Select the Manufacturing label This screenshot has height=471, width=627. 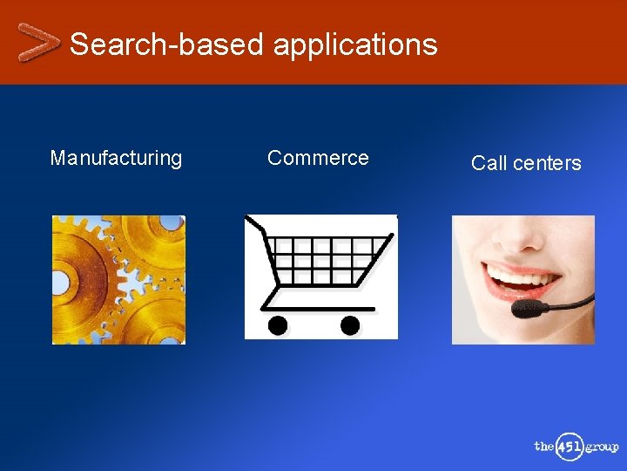point(116,158)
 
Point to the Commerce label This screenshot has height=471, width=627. point(318,158)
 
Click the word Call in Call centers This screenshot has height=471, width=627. point(489,163)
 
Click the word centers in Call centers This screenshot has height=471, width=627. point(547,163)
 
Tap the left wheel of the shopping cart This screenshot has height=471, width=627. point(278,325)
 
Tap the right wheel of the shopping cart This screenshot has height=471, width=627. point(349,325)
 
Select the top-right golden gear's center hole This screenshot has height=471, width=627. point(172,223)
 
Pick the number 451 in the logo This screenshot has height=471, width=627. point(570,447)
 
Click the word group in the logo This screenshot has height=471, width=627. point(601,447)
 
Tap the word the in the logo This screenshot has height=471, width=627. point(544,447)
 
